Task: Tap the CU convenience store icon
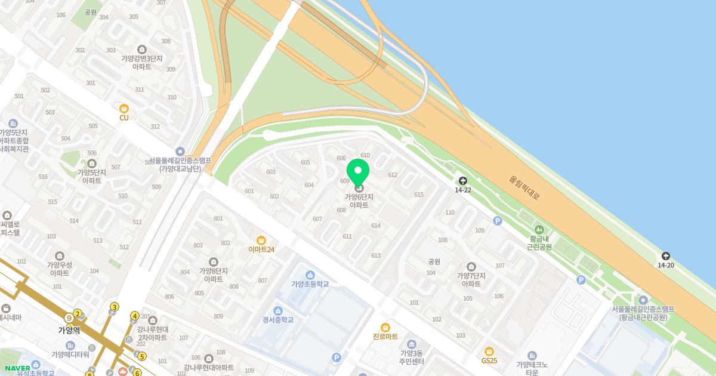coord(124,109)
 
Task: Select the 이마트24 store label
coord(261,249)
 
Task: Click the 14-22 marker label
coord(463,190)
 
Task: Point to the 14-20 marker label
coord(666,265)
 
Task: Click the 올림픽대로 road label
coord(524,187)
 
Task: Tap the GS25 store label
coord(489,360)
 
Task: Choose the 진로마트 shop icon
coord(385,327)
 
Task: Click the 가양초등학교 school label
coord(310,283)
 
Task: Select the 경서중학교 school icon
coord(278,310)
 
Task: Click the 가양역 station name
coord(69,329)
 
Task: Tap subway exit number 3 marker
coord(115,307)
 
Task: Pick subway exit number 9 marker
coord(69,318)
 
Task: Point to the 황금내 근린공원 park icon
coord(539,230)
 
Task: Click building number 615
coord(418,195)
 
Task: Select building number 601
coord(249,191)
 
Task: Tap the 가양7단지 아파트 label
coord(471,279)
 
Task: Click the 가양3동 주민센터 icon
coord(412,344)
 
